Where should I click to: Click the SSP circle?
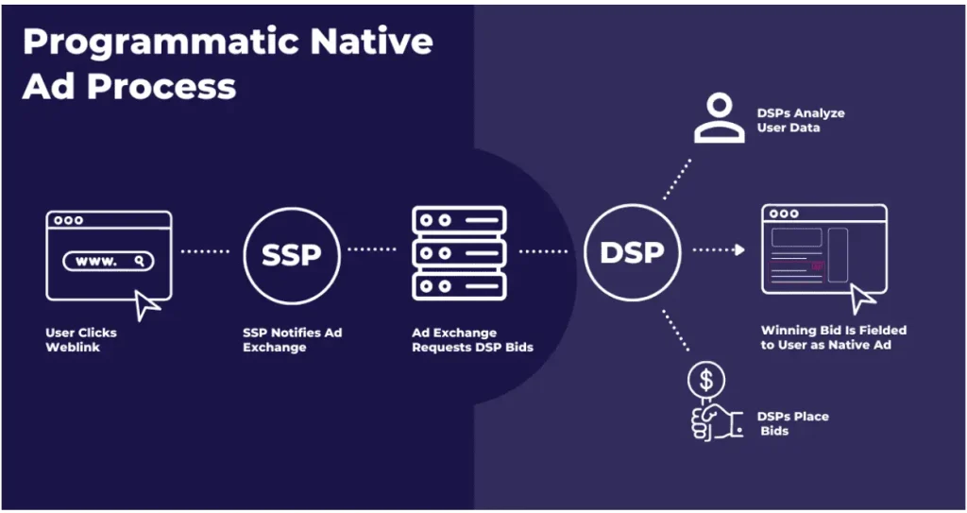click(x=292, y=208)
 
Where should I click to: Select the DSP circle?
click(x=632, y=204)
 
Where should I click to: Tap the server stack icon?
click(x=460, y=253)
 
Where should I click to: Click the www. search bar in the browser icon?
click(x=109, y=261)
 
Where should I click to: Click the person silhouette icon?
click(x=719, y=118)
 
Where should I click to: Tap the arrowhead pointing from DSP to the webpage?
click(x=739, y=250)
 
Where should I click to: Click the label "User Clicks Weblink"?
click(x=81, y=339)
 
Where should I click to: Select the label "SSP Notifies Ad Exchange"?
click(x=293, y=339)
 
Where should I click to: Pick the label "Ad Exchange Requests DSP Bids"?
click(x=472, y=339)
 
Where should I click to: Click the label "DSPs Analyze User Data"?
click(x=801, y=120)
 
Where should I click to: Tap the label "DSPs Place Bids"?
click(x=792, y=423)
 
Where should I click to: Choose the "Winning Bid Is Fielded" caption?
click(x=834, y=331)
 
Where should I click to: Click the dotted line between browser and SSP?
click(x=205, y=251)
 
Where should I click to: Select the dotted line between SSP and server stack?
click(x=372, y=249)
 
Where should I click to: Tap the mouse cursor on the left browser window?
click(x=146, y=305)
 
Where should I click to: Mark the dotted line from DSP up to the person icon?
click(x=677, y=179)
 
